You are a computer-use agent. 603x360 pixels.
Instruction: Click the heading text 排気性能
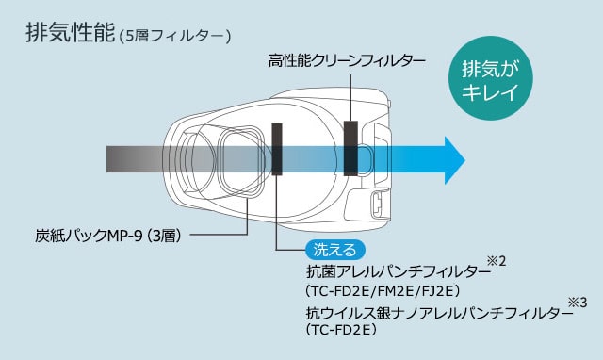[x=71, y=32]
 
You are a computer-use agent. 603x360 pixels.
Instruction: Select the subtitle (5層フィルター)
[x=175, y=37]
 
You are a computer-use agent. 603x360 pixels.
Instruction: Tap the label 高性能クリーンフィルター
[x=347, y=61]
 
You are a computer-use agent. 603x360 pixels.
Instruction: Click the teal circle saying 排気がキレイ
[x=490, y=78]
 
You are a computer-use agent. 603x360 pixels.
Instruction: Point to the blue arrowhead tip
[x=464, y=160]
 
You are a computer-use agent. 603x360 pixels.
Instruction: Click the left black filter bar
[x=277, y=149]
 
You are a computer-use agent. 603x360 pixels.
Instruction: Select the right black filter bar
[x=350, y=149]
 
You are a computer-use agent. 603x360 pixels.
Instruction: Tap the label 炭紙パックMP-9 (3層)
[x=108, y=236]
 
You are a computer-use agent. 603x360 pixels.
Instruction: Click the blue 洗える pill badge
[x=335, y=250]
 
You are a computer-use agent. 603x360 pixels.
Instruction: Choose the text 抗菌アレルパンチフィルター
[x=399, y=272]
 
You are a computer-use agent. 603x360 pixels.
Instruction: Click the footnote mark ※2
[x=497, y=262]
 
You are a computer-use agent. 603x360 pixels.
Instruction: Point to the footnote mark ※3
[x=578, y=303]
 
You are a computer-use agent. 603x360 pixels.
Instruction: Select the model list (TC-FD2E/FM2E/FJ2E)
[x=383, y=291]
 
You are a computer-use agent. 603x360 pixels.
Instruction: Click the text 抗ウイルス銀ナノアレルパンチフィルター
[x=439, y=314]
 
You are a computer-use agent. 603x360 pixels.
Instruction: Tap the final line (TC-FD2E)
[x=341, y=330]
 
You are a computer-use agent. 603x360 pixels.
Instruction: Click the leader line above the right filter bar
[x=350, y=98]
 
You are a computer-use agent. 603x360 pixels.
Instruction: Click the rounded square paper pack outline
[x=242, y=161]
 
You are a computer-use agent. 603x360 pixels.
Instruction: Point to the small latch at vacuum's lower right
[x=376, y=203]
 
